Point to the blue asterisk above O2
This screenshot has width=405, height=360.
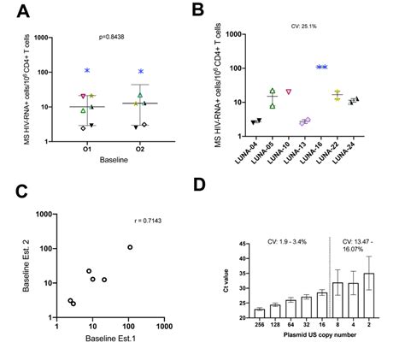[x=141, y=72]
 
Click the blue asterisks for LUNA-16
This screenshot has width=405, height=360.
[x=323, y=67]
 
